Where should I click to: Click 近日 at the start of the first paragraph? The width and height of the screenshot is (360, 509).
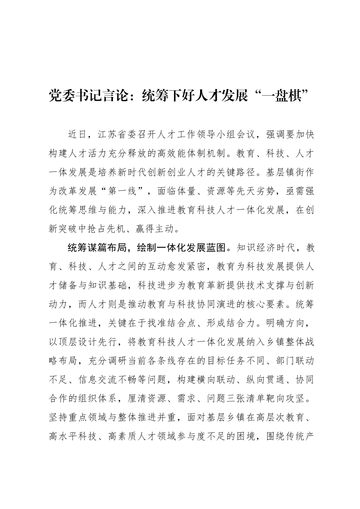pos(77,134)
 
